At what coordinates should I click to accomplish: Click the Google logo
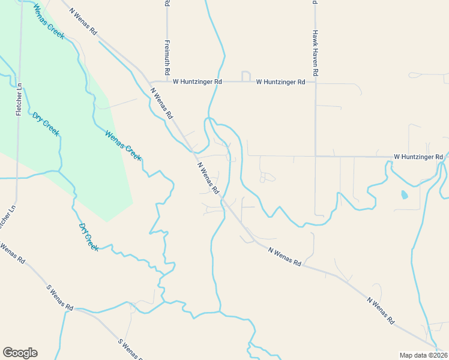(x=20, y=353)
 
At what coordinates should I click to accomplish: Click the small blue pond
(x=403, y=194)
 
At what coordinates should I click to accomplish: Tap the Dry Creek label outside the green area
(x=88, y=237)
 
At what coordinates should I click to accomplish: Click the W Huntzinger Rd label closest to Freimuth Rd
(x=197, y=82)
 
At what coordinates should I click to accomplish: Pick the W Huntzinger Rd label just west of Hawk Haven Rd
(x=280, y=82)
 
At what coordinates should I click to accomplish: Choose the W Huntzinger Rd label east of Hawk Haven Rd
(x=418, y=157)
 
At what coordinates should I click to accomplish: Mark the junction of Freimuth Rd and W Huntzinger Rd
(x=167, y=82)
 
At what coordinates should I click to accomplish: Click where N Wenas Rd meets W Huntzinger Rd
(x=149, y=82)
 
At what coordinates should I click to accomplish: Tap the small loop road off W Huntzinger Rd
(x=246, y=76)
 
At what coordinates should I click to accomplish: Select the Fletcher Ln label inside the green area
(x=20, y=100)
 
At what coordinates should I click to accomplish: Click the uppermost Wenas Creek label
(x=49, y=22)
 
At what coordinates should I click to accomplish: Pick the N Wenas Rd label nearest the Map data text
(x=381, y=310)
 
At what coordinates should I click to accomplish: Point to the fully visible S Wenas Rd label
(x=59, y=297)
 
